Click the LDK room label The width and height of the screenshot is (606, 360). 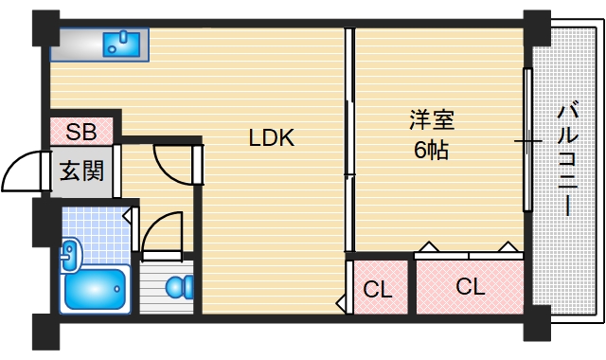tap(272, 138)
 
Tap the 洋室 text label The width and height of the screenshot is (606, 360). tap(431, 120)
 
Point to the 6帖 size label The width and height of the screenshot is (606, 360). tap(431, 150)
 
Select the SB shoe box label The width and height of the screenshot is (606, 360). tap(80, 131)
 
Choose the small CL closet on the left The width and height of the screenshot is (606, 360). tap(379, 287)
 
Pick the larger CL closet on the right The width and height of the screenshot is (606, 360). tap(470, 285)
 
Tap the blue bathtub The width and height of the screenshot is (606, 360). tap(94, 290)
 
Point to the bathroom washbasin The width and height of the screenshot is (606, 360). tap(70, 252)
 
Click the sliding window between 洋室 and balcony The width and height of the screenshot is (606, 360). tap(526, 139)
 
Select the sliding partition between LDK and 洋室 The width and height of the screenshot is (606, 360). tap(348, 142)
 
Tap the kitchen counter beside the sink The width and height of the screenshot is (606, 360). tap(76, 44)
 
